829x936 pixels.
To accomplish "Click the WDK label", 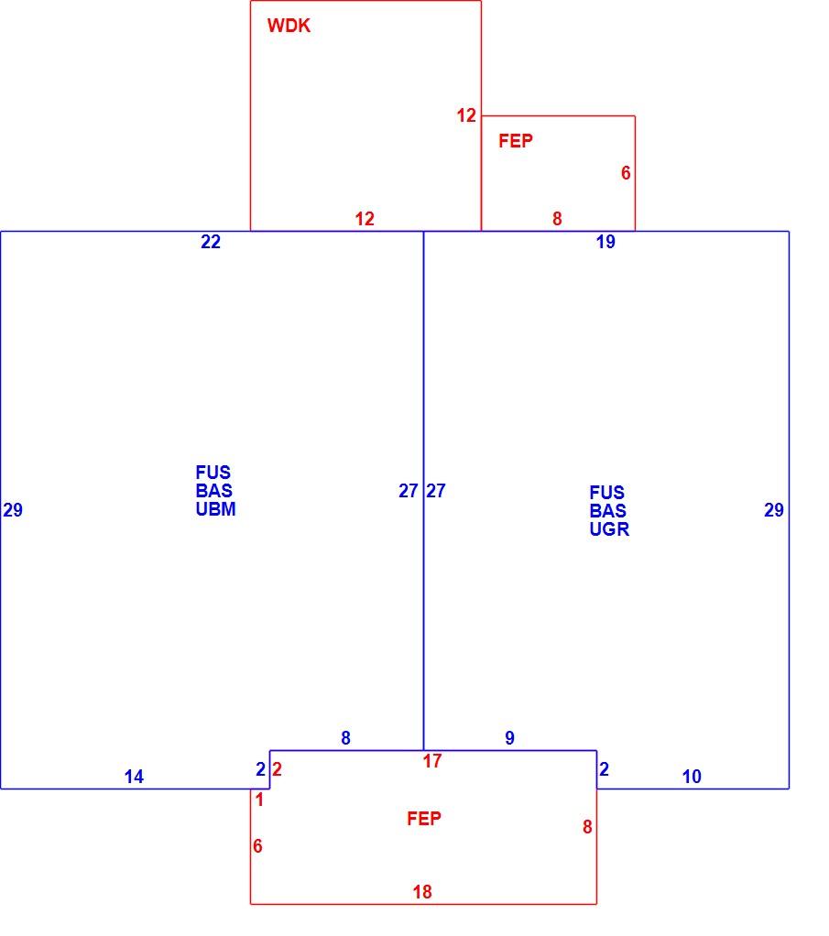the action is point(289,26).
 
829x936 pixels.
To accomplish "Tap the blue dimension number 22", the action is point(211,242).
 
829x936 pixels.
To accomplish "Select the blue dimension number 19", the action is point(605,242).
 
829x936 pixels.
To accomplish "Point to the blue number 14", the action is point(134,777).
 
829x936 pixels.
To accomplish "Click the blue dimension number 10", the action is point(692,777).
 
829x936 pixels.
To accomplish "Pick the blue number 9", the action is point(509,738).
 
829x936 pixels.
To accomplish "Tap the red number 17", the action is point(432,761).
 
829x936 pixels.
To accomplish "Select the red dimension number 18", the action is point(422,892).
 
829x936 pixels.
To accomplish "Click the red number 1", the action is point(259,800).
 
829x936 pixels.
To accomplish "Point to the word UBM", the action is point(215,509).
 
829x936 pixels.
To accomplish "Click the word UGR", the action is point(609,529).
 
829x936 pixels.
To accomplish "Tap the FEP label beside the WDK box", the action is point(516,141).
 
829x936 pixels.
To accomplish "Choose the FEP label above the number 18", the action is point(424,819).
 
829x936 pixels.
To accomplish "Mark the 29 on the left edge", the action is point(13,510).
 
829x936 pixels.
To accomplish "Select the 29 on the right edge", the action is point(774,510).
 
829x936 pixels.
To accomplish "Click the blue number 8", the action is point(346,738).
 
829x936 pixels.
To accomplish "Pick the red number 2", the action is point(277,769).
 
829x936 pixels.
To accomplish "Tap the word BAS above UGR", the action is point(608,511).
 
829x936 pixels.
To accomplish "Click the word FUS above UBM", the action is point(213,473).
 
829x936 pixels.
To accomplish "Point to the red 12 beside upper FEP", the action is point(466,115).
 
